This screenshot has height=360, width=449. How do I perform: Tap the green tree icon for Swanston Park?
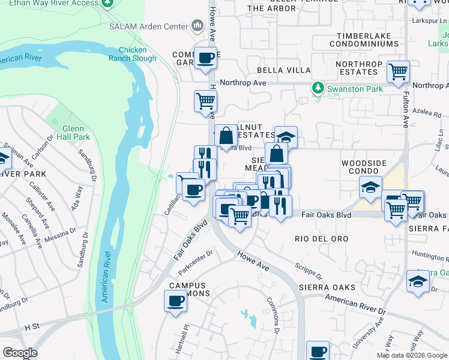(318, 89)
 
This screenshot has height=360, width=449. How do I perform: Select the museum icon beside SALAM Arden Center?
(197, 25)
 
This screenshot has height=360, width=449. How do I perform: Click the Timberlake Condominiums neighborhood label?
(368, 40)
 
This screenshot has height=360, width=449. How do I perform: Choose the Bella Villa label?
(291, 70)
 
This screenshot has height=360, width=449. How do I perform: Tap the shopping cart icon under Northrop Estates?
(398, 71)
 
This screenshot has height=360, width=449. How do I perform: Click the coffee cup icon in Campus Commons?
(176, 301)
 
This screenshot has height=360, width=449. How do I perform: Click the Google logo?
(20, 353)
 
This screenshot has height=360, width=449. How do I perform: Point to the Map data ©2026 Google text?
(411, 355)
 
